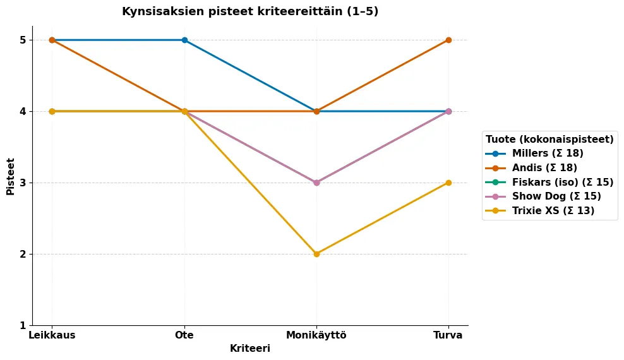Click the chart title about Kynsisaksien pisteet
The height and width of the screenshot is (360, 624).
pos(250,11)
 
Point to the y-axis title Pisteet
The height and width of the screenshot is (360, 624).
pos(11,176)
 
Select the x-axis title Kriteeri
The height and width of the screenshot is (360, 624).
pos(250,349)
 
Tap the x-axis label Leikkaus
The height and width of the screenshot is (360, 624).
pos(52,335)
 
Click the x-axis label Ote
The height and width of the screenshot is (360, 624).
pos(184,335)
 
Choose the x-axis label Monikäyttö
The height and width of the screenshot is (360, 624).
pos(316,335)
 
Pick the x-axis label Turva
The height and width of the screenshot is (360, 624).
pos(448,335)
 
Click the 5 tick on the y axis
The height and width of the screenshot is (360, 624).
pos(23,40)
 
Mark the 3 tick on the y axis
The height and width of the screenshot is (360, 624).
pos(23,183)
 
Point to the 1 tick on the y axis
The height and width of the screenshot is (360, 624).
pos(23,325)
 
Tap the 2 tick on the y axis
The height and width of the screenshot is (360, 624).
pos(23,254)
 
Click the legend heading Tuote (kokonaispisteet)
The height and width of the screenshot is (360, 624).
pos(549,139)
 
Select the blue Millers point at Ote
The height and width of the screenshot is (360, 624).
pos(184,40)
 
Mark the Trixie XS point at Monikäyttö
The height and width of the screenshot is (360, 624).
pos(316,254)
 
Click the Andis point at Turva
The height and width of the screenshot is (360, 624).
pos(448,40)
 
